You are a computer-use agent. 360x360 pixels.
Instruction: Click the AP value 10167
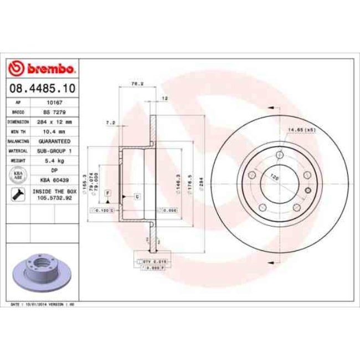coord(54,102)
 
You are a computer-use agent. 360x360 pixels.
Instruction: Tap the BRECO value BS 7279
coord(54,112)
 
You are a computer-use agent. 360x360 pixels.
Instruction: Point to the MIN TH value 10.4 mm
coord(54,131)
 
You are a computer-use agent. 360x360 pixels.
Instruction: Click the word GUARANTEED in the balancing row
coord(54,141)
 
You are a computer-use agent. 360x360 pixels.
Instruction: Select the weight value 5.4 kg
coord(54,161)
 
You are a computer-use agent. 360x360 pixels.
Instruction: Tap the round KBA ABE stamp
coord(18,175)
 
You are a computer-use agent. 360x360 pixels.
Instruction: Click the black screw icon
coord(17,194)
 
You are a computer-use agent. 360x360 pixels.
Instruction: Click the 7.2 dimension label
coord(110,122)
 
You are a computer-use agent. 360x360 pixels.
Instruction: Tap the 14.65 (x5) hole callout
coord(301,130)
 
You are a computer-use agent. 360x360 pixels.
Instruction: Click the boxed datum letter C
coord(136,197)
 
